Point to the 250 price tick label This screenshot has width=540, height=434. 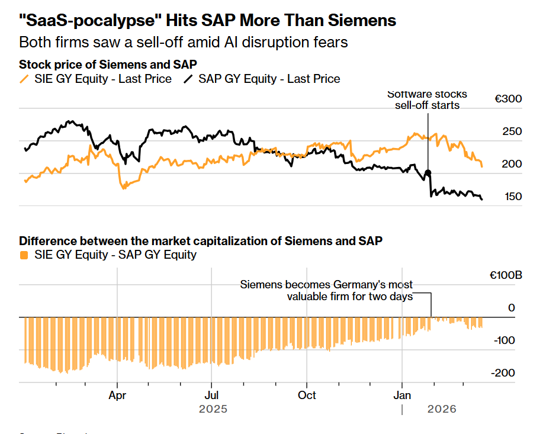click(x=512, y=131)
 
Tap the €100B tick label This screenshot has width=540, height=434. click(x=506, y=276)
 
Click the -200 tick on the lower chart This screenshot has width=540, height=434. click(x=503, y=373)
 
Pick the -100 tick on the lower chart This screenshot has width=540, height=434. click(x=503, y=340)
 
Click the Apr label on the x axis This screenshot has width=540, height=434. click(x=117, y=395)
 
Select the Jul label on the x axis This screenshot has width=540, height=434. click(x=211, y=395)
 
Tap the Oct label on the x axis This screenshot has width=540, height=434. click(x=307, y=395)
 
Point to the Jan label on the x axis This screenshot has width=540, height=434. click(x=403, y=395)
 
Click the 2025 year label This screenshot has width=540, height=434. click(x=213, y=409)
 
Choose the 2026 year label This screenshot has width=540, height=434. click(x=442, y=409)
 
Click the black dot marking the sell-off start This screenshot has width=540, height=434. click(x=428, y=173)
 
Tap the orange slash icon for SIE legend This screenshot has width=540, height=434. click(x=24, y=79)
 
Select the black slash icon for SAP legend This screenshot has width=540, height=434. click(x=188, y=79)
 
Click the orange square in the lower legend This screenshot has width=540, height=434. click(x=24, y=255)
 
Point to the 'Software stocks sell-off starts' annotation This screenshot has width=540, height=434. click(x=427, y=99)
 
